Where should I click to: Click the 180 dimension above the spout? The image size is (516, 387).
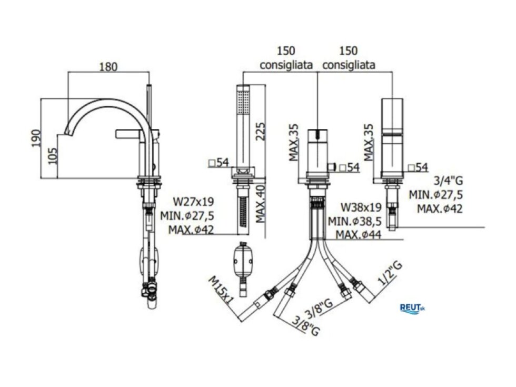click(x=108, y=67)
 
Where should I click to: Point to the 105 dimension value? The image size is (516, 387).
click(x=53, y=156)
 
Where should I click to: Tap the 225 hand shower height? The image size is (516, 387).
click(x=260, y=131)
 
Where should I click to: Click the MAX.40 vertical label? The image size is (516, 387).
click(x=261, y=204)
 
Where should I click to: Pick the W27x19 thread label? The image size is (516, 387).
click(x=194, y=201)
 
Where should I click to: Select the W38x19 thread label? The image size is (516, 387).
click(x=361, y=207)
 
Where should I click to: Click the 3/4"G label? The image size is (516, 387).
click(x=448, y=180)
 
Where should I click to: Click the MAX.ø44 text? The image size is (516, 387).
click(x=359, y=235)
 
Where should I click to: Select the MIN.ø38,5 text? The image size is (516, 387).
click(x=355, y=221)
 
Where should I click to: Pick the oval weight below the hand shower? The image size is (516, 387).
click(x=243, y=262)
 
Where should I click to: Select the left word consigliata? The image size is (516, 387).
click(x=286, y=65)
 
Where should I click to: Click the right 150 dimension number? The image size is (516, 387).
click(x=348, y=51)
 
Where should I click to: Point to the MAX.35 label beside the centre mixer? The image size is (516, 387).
click(x=294, y=143)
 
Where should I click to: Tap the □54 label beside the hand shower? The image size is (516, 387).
click(x=219, y=162)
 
